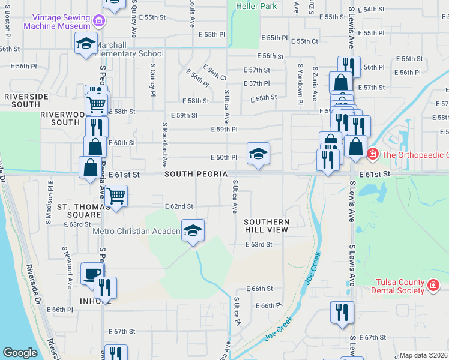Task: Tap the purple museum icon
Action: point(100,22)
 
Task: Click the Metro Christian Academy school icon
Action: point(193,230)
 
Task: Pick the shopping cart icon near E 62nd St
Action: point(116,194)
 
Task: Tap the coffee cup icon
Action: point(92,273)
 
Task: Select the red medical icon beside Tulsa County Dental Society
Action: point(433,286)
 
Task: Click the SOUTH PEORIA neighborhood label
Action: point(195,174)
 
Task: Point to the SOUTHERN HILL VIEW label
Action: point(267,226)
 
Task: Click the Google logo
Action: point(20,352)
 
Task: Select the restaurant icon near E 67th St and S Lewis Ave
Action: point(342,312)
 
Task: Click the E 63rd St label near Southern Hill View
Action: point(259,244)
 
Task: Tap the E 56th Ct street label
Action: point(214,74)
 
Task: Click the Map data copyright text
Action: point(423,355)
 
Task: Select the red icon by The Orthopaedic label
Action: point(373,154)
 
